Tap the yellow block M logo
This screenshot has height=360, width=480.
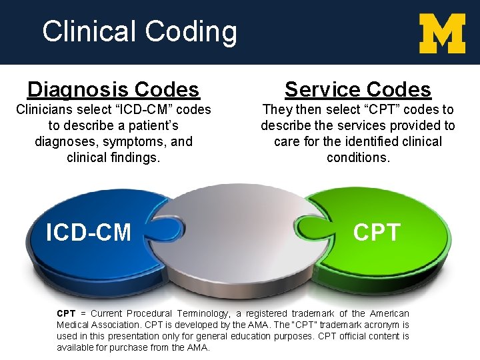[x=442, y=33]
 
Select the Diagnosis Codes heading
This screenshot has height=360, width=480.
[x=113, y=89]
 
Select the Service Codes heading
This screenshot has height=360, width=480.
[x=358, y=89]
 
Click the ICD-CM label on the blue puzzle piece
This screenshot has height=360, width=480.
[x=88, y=232]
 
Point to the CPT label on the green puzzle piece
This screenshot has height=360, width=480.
[x=377, y=232]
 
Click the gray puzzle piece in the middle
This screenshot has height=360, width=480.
[x=240, y=253]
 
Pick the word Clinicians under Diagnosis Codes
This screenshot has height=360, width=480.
[x=45, y=109]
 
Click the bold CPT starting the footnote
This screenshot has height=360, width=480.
[x=66, y=313]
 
